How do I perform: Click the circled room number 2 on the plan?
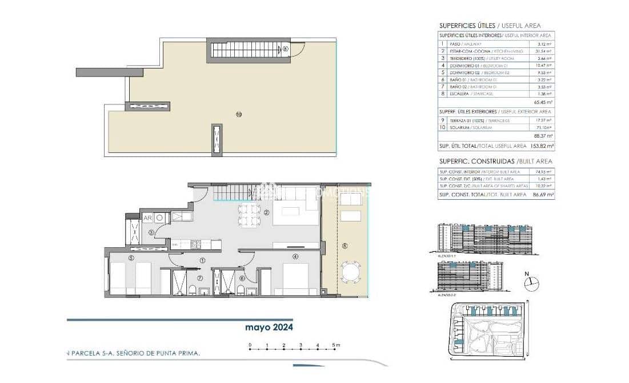[266, 213]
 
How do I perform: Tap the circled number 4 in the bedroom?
[295, 257]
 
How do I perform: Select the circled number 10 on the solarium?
[239, 114]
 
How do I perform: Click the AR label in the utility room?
[147, 217]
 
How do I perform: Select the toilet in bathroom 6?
[241, 291]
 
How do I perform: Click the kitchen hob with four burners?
[195, 244]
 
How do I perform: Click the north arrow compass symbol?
[531, 281]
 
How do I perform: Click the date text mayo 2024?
[269, 328]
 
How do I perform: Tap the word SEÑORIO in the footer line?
[131, 354]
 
